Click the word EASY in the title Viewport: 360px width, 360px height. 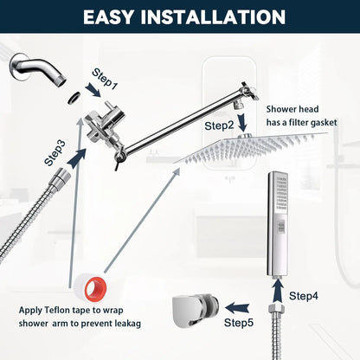109,17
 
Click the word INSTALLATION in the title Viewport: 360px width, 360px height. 213,17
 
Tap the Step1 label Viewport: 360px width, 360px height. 105,79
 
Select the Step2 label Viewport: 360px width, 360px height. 219,126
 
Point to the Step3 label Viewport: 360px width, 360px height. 55,153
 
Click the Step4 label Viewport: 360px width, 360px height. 304,296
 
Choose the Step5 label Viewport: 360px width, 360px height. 239,323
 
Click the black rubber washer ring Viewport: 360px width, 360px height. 74,98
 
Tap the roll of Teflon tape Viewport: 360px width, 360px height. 90,288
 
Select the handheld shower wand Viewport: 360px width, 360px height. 278,224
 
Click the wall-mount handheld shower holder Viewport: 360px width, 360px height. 196,311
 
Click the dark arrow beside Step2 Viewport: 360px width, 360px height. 243,122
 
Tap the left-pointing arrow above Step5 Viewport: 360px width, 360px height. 237,309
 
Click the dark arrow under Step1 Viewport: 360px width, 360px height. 94,90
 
